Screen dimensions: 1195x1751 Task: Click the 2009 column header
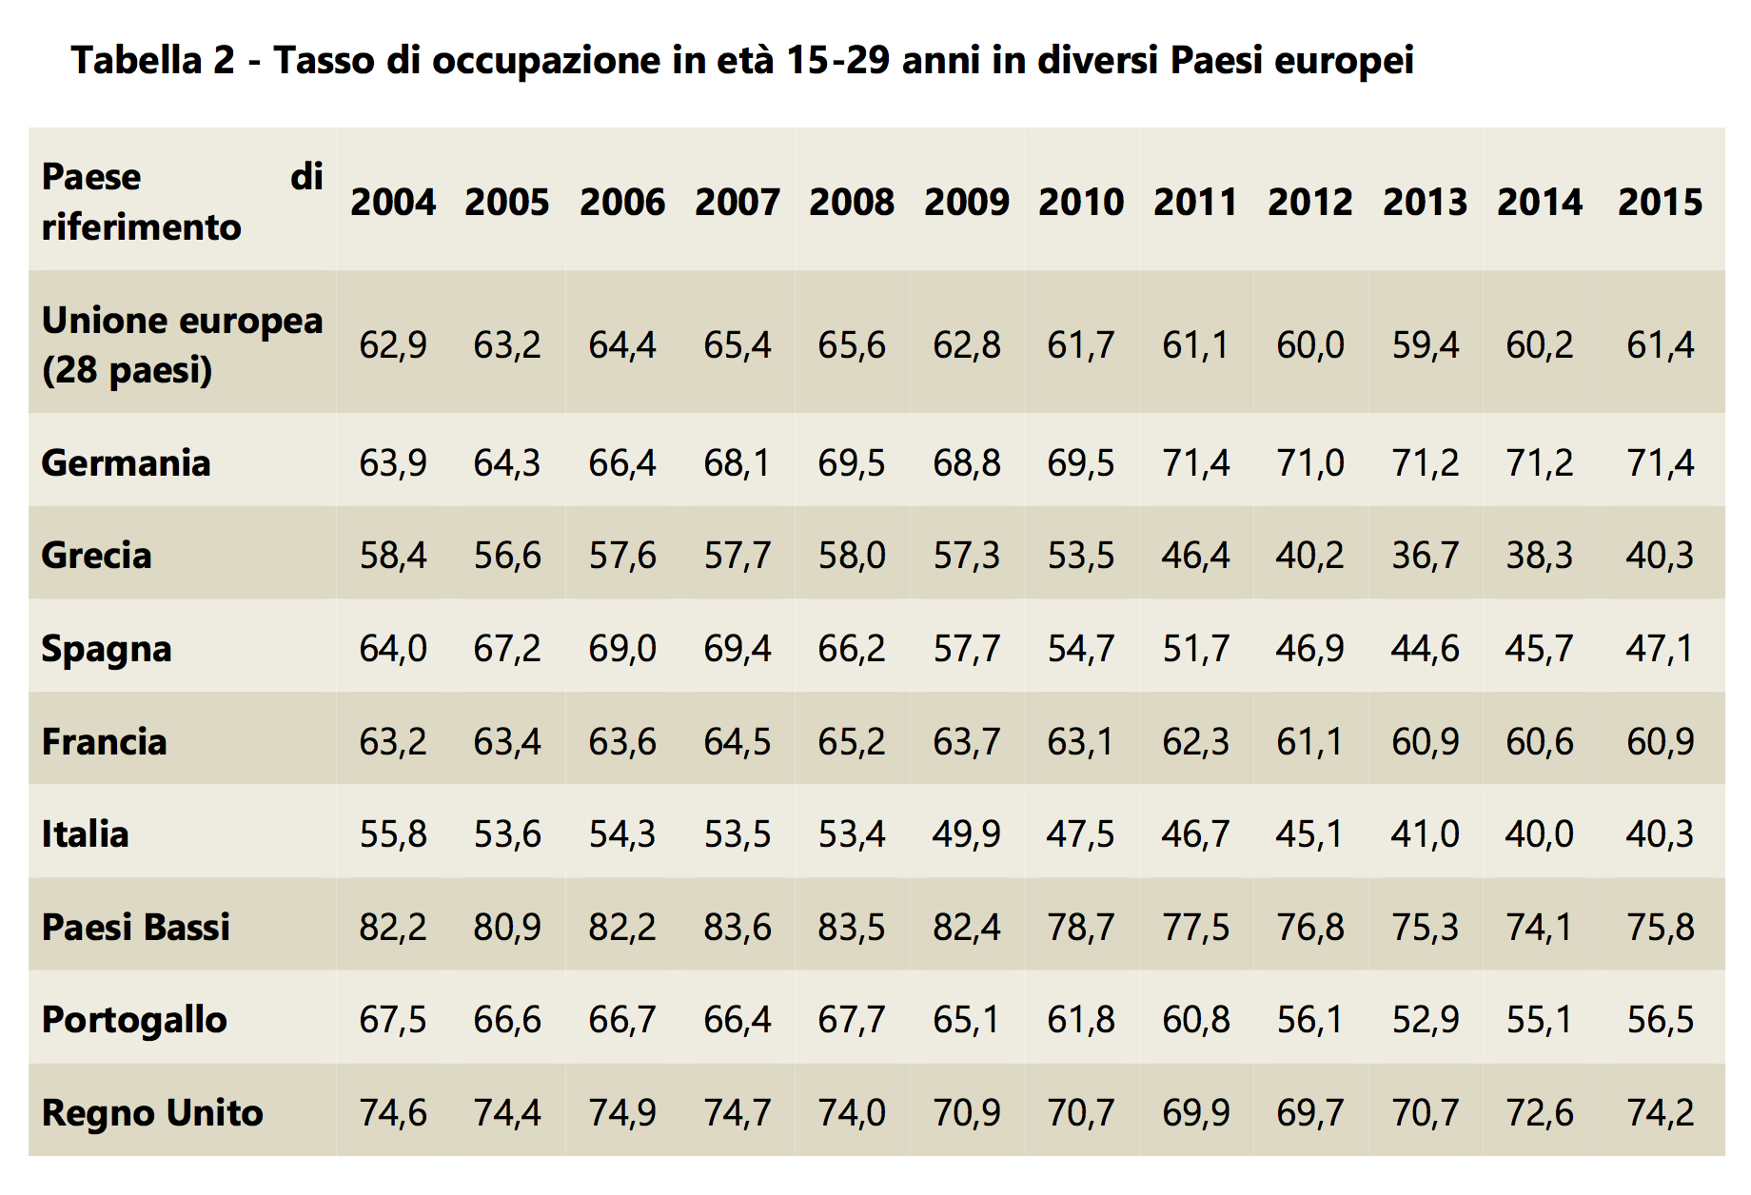click(966, 202)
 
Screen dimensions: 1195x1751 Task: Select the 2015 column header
click(1660, 202)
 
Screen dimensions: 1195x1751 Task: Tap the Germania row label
click(126, 463)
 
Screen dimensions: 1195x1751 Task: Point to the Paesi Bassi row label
click(136, 927)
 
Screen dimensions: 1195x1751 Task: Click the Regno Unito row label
click(152, 1112)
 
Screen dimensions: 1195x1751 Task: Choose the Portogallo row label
click(134, 1020)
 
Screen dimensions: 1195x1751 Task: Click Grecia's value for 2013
click(1425, 556)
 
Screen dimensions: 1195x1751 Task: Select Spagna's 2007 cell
click(737, 649)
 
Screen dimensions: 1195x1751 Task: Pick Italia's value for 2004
click(392, 834)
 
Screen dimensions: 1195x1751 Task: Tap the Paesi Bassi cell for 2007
click(737, 927)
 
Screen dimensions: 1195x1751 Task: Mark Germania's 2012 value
click(1309, 463)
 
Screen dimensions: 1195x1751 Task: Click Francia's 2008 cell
click(851, 741)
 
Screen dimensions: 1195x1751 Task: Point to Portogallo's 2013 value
click(1425, 1020)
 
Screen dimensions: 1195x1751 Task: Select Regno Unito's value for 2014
click(1539, 1112)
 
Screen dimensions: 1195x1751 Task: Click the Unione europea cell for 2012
click(1309, 344)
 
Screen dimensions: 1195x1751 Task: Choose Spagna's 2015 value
click(1660, 649)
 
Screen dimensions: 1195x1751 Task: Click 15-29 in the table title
click(836, 61)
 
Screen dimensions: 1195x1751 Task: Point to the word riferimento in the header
click(142, 227)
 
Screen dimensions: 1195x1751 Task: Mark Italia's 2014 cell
click(1539, 834)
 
